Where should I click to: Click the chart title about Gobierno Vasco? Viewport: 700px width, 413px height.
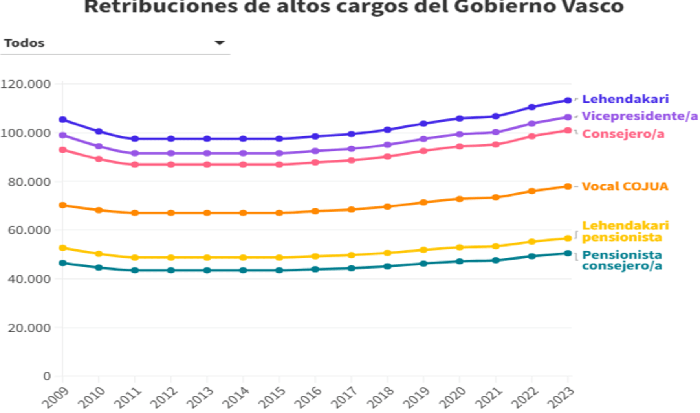(x=354, y=7)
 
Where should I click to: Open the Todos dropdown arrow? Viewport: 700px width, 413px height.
(x=220, y=42)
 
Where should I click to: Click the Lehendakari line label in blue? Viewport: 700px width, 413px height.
(x=625, y=99)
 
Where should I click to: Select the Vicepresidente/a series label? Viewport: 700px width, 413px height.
(x=640, y=116)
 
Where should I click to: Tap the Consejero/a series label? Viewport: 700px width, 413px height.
(x=623, y=134)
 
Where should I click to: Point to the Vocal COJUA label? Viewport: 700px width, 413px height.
(x=625, y=186)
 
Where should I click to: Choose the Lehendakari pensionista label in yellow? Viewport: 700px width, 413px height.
(x=625, y=231)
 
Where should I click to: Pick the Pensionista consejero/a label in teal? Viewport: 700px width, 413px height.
(x=622, y=260)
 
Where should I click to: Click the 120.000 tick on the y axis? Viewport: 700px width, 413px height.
(x=26, y=84)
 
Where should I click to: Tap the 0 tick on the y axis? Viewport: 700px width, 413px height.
(x=47, y=376)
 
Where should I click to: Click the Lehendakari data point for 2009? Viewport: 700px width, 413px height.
(x=62, y=120)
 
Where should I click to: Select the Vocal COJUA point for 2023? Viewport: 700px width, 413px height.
(x=568, y=186)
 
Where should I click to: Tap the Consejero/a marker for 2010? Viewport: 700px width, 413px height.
(x=99, y=159)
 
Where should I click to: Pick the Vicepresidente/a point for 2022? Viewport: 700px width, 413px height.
(x=532, y=124)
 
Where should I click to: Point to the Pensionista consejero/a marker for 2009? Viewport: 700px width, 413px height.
(x=62, y=263)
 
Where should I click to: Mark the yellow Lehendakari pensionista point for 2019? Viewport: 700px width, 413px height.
(x=423, y=250)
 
